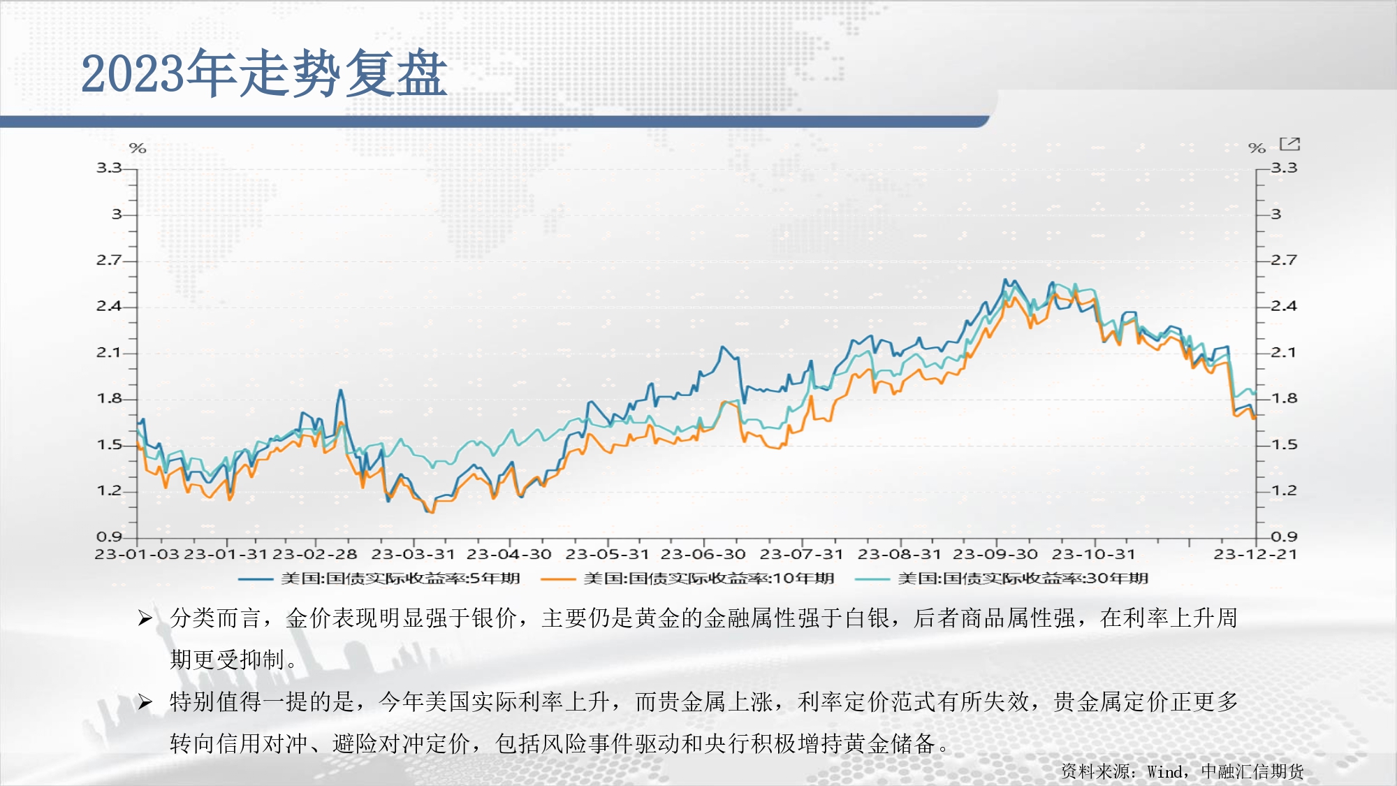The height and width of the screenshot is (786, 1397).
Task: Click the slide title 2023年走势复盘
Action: pos(264,73)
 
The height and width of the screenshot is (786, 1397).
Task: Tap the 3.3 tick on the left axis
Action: pos(108,168)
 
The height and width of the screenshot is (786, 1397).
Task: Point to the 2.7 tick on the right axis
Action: pos(1284,261)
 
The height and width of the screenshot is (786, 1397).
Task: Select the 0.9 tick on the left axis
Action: pos(108,537)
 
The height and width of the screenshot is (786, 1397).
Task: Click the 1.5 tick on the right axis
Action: pos(1284,445)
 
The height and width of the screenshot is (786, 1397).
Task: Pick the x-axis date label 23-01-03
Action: pos(137,554)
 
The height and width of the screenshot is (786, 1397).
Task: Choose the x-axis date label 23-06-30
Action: pos(703,554)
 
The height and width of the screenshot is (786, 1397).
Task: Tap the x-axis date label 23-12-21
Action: pos(1255,554)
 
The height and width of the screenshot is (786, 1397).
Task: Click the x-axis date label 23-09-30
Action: pos(995,554)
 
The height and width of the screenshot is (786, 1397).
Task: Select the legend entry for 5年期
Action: pos(379,578)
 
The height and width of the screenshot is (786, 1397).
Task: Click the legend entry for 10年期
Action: pos(687,578)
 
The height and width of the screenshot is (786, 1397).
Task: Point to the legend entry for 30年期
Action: pos(1002,578)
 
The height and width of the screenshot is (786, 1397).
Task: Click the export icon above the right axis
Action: pos(1289,144)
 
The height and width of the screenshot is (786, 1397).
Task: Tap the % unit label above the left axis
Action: pos(138,148)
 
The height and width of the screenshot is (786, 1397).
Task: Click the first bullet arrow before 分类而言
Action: pos(145,618)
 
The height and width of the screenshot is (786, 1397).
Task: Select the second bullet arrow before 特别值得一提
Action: pos(145,701)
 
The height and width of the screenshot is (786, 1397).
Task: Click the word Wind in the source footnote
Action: pos(1165,771)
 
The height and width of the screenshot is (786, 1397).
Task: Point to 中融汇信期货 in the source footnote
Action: pos(1252,771)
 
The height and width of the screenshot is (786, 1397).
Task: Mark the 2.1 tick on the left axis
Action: pos(108,353)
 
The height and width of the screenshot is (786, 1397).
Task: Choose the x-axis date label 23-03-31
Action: pos(413,554)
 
